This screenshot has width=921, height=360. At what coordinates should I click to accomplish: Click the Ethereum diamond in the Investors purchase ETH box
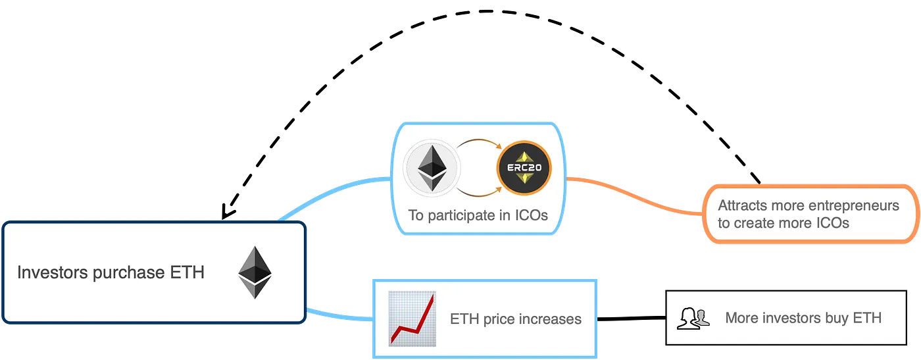pos(254,272)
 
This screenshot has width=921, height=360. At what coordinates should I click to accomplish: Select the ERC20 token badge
pos(524,168)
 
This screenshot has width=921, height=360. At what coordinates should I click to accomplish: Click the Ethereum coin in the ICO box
pos(432,168)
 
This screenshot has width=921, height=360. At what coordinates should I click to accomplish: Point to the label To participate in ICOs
pos(478,215)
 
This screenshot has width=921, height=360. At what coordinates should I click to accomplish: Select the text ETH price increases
pos(516,319)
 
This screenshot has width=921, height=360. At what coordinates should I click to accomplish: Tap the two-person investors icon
pos(694,319)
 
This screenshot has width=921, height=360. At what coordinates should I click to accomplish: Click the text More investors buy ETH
pos(803,319)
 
